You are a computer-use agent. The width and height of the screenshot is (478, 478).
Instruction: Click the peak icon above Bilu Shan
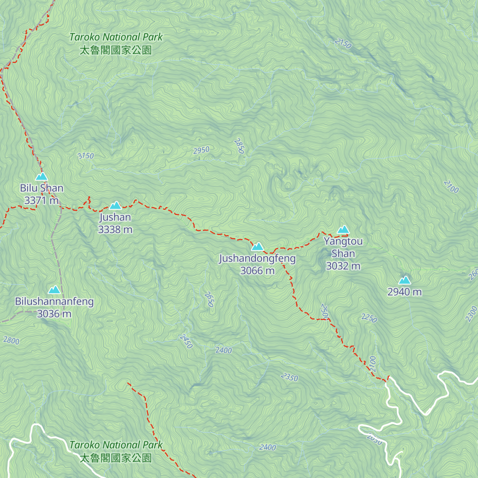(41, 176)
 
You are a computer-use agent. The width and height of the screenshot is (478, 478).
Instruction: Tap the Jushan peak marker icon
(116, 206)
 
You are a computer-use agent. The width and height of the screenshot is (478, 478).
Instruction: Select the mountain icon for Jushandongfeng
(257, 247)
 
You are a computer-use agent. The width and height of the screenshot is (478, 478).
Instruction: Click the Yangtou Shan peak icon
(343, 229)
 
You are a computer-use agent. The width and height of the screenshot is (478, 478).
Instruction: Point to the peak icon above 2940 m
(405, 280)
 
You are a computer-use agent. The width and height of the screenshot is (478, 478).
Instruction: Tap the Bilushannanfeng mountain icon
(54, 290)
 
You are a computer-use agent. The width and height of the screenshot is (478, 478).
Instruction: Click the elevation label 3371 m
(41, 200)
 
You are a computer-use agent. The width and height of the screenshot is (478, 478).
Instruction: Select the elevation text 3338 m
(115, 229)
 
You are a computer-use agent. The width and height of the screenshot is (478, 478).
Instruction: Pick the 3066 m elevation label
(257, 271)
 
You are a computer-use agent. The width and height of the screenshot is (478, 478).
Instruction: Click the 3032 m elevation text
(343, 266)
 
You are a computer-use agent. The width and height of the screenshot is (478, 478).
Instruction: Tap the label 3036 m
(54, 314)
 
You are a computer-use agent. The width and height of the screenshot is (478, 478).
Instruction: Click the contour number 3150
(86, 156)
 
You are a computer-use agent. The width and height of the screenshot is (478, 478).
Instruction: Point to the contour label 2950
(201, 150)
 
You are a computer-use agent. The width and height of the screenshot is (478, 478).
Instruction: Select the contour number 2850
(239, 146)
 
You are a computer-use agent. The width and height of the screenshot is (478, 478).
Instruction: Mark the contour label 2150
(343, 43)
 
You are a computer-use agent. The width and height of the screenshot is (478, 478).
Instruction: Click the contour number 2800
(11, 341)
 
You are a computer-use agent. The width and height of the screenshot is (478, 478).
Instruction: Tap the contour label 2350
(289, 377)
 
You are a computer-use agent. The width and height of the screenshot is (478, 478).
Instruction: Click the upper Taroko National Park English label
(116, 37)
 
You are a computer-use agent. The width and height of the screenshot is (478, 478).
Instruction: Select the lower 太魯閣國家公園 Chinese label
(116, 458)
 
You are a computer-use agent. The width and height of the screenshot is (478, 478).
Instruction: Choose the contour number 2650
(209, 300)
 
